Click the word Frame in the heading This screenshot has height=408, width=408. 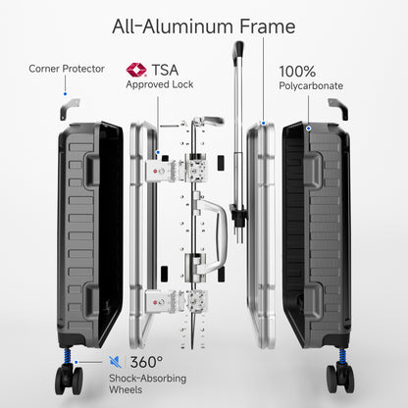click(x=268, y=26)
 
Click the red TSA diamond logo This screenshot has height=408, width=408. click(x=136, y=70)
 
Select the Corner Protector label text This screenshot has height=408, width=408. click(x=67, y=69)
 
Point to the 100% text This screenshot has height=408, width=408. click(x=297, y=72)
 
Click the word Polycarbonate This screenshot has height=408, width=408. click(x=311, y=86)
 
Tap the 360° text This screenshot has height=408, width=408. click(x=146, y=362)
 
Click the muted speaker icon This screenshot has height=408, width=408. click(x=115, y=362)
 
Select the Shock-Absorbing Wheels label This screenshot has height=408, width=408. click(x=148, y=383)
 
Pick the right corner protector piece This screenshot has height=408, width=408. click(x=339, y=108)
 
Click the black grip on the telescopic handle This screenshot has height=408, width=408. click(x=238, y=49)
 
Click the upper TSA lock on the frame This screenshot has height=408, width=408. click(x=160, y=170)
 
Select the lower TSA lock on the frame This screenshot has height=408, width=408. click(x=160, y=301)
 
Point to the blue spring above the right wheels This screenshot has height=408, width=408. click(x=342, y=355)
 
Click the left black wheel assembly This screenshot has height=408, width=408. click(x=69, y=379)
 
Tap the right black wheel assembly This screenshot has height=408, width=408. click(x=340, y=378)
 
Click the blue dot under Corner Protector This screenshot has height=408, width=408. click(x=65, y=94)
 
